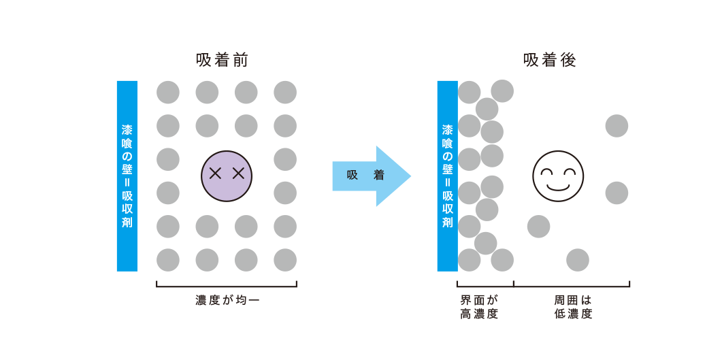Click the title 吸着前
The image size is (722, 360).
pos(222,61)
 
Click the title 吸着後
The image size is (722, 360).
pos(550,61)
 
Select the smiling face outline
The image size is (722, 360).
pos(558,176)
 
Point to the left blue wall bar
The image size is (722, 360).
pos(127,176)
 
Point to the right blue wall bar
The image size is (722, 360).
pos(447,176)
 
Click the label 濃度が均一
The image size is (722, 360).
pos(227,299)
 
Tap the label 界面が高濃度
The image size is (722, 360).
pos(480,307)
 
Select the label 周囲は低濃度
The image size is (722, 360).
pos(573,307)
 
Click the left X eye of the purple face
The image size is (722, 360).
pos(215,174)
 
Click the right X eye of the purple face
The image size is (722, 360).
pos(238,174)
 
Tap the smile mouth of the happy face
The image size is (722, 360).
pos(558,186)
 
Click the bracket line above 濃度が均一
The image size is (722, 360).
pos(227,287)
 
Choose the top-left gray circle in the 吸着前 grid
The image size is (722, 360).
pos(168,93)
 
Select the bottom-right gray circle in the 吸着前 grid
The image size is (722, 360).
pos(285,260)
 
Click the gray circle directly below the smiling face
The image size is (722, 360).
pos(578,260)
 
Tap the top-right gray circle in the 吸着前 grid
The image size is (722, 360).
pos(285,93)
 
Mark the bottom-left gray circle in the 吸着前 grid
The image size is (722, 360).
pos(168,260)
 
